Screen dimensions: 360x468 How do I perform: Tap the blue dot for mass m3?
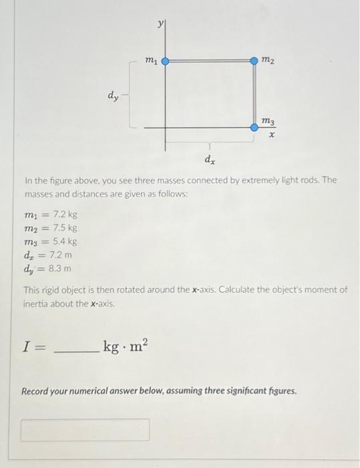(x=254, y=127)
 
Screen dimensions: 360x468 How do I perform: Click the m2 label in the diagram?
(x=267, y=62)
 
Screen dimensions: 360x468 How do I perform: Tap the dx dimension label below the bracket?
(x=209, y=159)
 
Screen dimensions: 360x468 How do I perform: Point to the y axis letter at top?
(x=160, y=23)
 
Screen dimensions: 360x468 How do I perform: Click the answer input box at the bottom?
(x=85, y=430)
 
